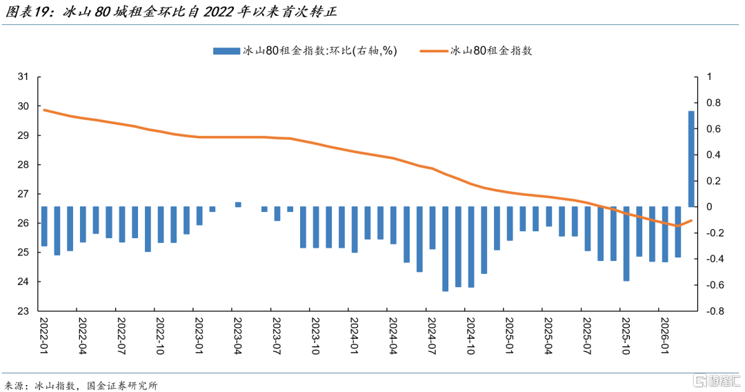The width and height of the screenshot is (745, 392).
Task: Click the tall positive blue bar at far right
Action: click(x=691, y=159)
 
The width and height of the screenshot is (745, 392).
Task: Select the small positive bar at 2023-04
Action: click(x=238, y=205)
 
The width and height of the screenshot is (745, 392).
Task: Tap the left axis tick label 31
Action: click(x=23, y=77)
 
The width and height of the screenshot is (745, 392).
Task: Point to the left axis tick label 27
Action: click(x=23, y=194)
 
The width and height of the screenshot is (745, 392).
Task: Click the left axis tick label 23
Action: click(x=23, y=311)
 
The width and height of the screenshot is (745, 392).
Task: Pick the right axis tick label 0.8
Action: click(x=714, y=103)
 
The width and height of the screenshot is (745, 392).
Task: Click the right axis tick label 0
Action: click(x=709, y=207)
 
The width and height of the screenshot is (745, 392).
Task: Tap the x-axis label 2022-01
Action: click(x=43, y=336)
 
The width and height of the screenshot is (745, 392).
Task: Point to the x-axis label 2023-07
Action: click(x=277, y=336)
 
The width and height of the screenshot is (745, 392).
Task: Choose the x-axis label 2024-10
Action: click(x=471, y=336)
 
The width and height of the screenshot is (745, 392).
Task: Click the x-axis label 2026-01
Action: click(x=665, y=336)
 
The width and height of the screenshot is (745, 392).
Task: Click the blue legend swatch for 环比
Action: click(x=227, y=51)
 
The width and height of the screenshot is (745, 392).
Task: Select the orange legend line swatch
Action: click(x=433, y=51)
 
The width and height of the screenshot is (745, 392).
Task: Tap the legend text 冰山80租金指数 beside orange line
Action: click(x=491, y=51)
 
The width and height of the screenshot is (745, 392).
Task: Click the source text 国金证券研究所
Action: click(x=122, y=385)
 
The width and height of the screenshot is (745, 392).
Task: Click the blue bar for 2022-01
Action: click(x=44, y=226)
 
